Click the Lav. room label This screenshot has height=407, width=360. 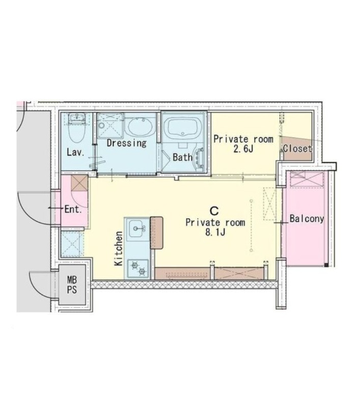[x=75, y=152]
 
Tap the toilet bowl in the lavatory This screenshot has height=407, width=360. [x=76, y=133]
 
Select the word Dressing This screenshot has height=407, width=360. [x=126, y=143]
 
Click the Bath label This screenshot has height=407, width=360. [x=183, y=157]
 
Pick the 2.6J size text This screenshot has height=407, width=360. [x=243, y=149]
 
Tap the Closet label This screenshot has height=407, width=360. [x=297, y=149]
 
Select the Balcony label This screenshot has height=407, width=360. [x=307, y=219]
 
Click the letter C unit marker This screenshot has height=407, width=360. [x=214, y=211]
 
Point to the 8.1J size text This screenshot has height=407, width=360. [x=215, y=232]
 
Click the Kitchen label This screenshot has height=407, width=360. [x=119, y=248]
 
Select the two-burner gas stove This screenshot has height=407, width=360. [x=137, y=269]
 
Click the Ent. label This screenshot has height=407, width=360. [x=73, y=209]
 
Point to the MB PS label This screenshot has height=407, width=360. [x=72, y=285]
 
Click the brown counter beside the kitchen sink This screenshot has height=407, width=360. [x=157, y=233]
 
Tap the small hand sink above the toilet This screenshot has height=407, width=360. [x=76, y=118]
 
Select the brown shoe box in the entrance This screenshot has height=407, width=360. [x=79, y=183]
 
